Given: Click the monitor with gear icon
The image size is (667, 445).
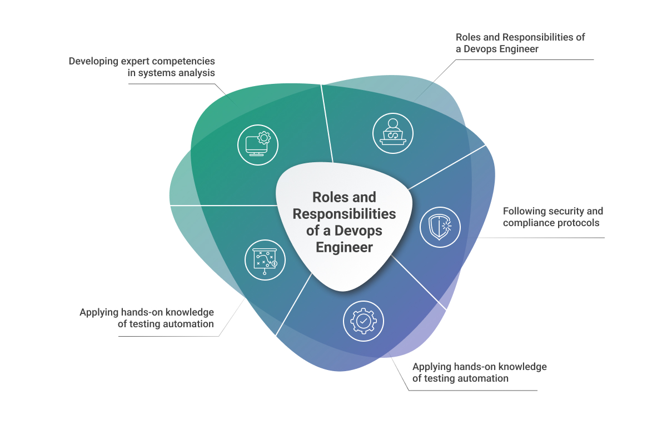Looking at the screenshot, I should (x=257, y=144).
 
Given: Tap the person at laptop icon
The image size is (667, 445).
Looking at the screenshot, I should (x=393, y=133).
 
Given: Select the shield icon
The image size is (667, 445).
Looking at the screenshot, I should (x=440, y=227).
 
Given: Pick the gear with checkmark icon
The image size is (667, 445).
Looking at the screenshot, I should (x=364, y=321).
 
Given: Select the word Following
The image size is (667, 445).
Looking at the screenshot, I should (x=524, y=211).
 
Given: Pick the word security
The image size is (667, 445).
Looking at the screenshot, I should (x=568, y=211).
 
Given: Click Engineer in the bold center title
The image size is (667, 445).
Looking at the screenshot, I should (x=345, y=247).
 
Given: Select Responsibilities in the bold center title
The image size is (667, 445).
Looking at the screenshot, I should (x=345, y=214).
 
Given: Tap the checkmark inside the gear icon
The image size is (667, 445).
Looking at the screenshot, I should (x=364, y=321).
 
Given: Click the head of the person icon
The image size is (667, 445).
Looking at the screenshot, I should (x=393, y=123).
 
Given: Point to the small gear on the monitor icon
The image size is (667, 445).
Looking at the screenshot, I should (x=263, y=137).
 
